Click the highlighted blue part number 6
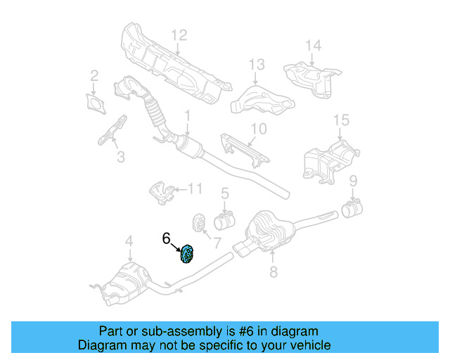tap(188, 254)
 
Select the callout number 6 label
tap(166, 238)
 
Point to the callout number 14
tap(313, 46)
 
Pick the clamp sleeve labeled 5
tap(224, 222)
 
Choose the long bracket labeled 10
tap(243, 148)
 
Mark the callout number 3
tap(120, 157)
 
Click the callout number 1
tap(188, 115)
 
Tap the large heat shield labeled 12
tap(172, 63)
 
